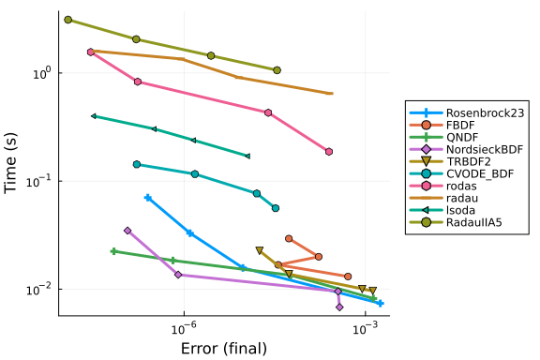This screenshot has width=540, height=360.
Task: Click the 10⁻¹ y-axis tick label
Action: point(38,181)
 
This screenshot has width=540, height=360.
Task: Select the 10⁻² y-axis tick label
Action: point(38,290)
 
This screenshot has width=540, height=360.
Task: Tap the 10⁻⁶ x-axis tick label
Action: point(185,328)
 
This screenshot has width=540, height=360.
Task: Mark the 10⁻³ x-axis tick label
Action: point(365,328)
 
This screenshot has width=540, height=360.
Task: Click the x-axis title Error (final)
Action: point(224,349)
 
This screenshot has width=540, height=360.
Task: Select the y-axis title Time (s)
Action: point(10,163)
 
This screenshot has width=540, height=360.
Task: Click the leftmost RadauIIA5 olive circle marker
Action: point(68,20)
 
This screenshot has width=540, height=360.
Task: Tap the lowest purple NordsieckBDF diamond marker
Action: point(339,307)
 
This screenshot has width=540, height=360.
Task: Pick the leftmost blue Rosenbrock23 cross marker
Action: point(148,198)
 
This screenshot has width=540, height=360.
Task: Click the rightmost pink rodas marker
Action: point(329,152)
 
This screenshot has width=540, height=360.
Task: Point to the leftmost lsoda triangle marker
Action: point(94,116)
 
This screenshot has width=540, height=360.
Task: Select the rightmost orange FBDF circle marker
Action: point(348,277)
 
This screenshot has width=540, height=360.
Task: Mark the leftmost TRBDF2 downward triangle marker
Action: point(260,250)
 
